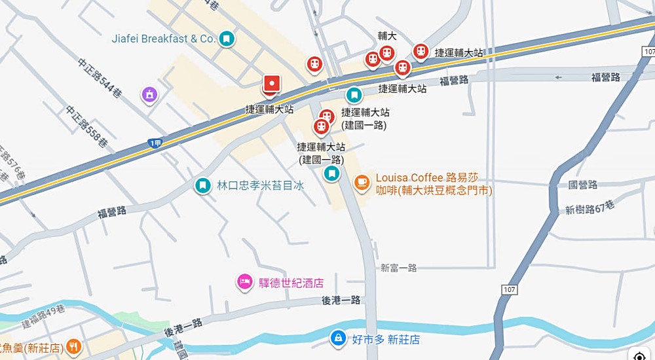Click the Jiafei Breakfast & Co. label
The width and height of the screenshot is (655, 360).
coord(163,39)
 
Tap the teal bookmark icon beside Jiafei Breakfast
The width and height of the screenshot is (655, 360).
coord(227,39)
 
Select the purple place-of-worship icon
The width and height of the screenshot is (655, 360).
coord(150,95)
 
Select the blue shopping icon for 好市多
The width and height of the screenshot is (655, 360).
coord(337,338)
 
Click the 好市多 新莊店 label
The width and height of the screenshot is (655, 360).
coord(385,340)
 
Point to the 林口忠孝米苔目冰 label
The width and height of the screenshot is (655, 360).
coord(261,185)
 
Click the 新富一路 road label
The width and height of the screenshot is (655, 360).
coord(398,268)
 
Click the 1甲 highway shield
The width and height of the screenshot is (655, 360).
coord(155,143)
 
